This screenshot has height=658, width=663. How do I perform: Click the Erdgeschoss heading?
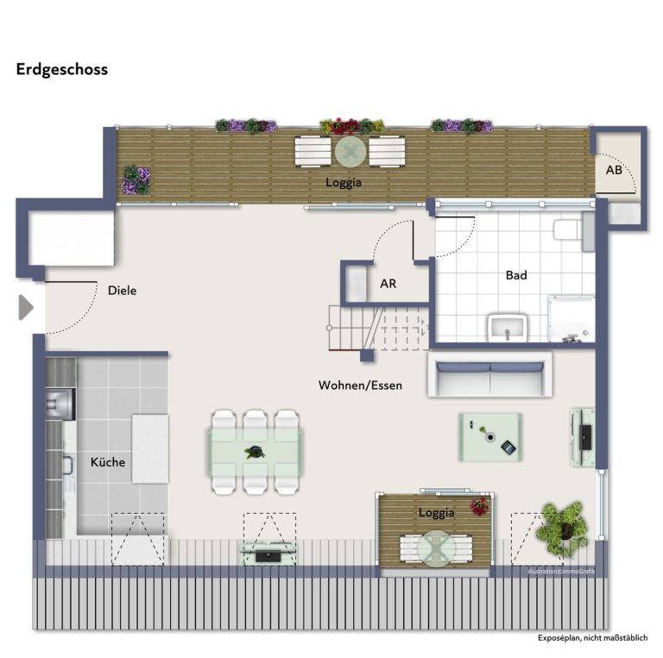(x=62, y=69)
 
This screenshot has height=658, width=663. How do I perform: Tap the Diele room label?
(x=123, y=291)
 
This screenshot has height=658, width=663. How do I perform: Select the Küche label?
(x=108, y=462)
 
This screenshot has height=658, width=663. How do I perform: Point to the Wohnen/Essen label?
(x=360, y=385)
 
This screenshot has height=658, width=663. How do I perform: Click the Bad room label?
(x=516, y=275)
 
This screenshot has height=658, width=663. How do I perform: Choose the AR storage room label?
(x=388, y=284)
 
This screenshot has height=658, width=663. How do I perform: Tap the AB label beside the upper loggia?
(x=614, y=170)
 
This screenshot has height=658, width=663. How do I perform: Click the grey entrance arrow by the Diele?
(x=26, y=308)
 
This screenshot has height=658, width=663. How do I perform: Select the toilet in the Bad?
(x=569, y=230)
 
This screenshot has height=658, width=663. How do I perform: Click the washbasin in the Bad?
(x=508, y=328)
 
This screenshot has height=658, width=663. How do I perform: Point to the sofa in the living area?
(x=490, y=374)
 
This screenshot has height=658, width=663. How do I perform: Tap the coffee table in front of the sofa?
(x=490, y=436)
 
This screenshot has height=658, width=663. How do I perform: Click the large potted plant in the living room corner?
(x=562, y=529)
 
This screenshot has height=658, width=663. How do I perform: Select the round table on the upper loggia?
(x=350, y=152)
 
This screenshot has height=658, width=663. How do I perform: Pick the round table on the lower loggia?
(x=436, y=548)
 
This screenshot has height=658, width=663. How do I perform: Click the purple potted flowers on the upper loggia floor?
(x=136, y=180)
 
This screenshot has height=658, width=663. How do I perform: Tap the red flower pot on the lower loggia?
(x=480, y=506)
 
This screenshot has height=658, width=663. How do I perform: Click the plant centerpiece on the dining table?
(x=255, y=453)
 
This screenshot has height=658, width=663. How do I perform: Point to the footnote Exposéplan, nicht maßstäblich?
(x=593, y=637)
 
